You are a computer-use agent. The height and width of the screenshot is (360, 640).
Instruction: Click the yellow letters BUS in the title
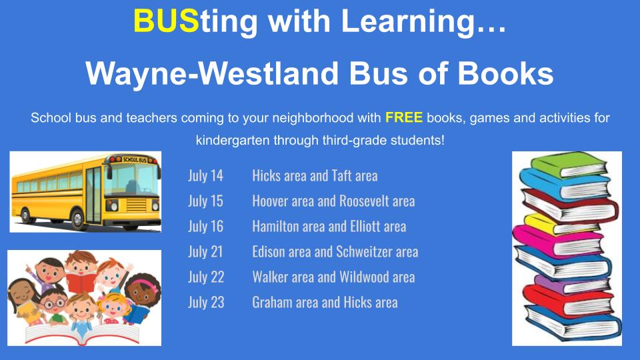166,21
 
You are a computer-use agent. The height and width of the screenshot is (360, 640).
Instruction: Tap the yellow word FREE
404,117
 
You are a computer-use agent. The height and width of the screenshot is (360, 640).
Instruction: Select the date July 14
206,176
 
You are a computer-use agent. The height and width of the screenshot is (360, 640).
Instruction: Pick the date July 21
206,252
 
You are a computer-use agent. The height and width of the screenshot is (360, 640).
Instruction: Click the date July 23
206,303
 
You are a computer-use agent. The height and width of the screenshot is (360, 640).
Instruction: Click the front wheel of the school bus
77,219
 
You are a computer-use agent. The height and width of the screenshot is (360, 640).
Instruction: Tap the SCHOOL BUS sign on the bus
134,159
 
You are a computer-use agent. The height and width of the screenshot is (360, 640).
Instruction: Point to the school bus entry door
93,195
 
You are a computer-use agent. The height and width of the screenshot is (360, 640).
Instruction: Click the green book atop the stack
569,164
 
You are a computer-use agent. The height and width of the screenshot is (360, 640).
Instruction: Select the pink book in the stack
557,241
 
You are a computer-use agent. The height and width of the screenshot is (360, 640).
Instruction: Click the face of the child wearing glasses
53,303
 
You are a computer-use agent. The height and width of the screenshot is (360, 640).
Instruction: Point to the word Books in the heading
505,73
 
